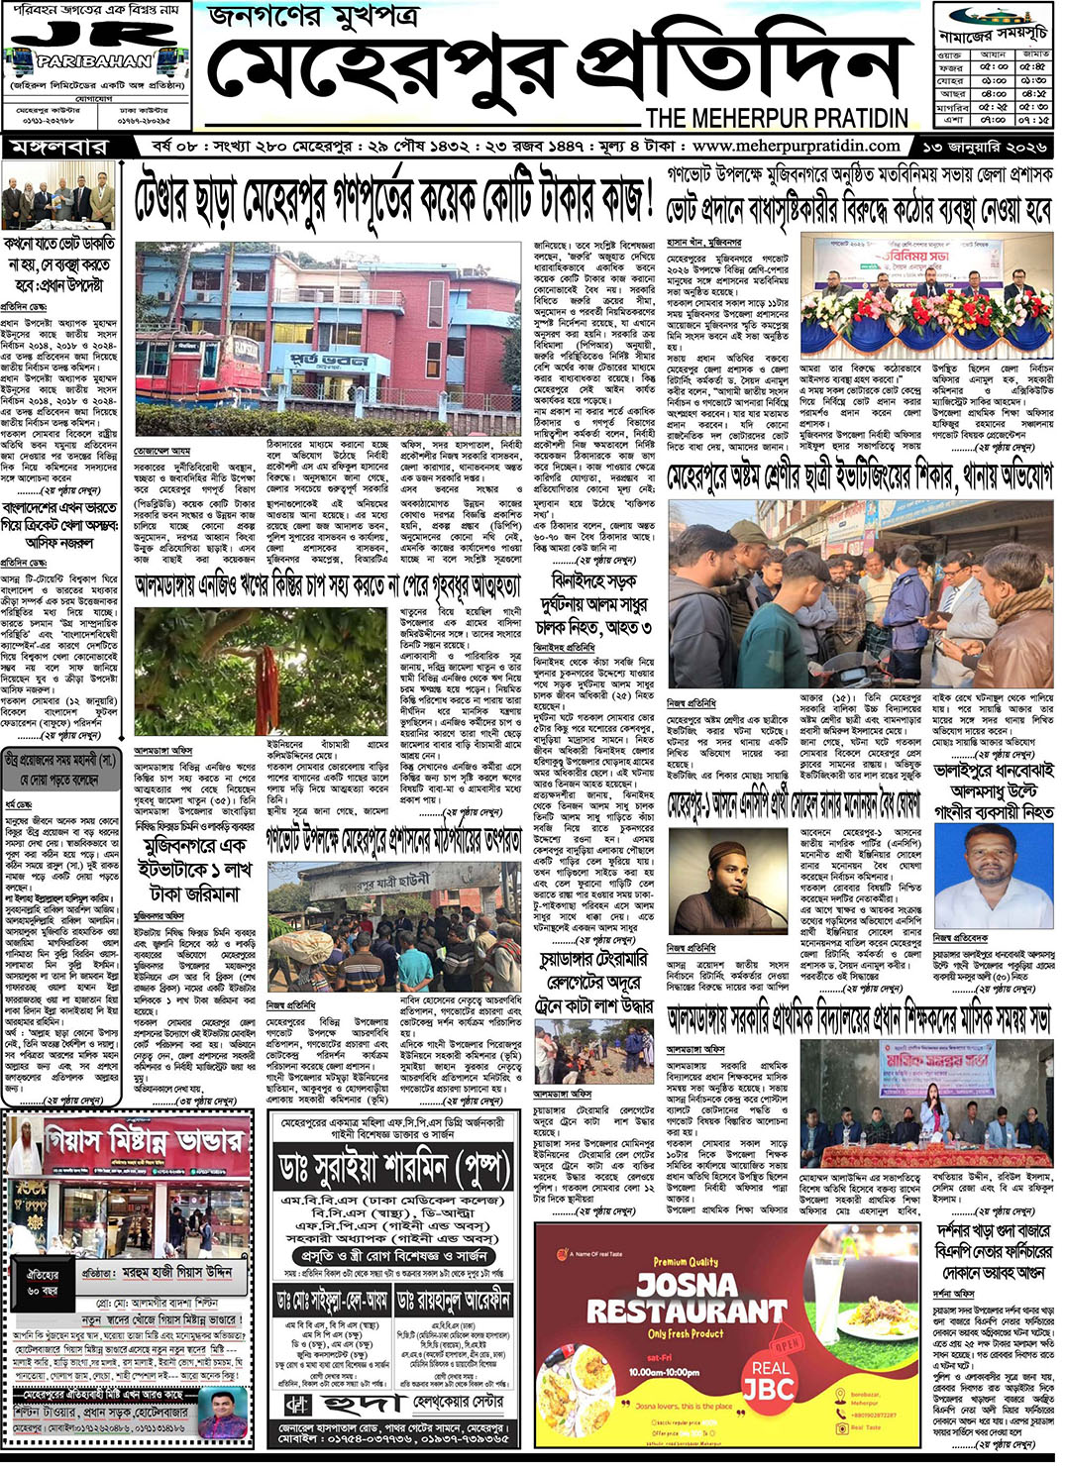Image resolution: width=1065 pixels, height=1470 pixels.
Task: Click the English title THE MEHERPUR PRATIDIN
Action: (x=776, y=118)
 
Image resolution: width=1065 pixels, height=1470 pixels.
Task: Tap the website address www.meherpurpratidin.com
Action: (x=797, y=147)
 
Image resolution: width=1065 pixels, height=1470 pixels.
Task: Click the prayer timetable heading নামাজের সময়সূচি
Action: (x=993, y=34)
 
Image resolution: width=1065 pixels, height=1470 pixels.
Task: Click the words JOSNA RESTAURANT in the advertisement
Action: (x=686, y=1298)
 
